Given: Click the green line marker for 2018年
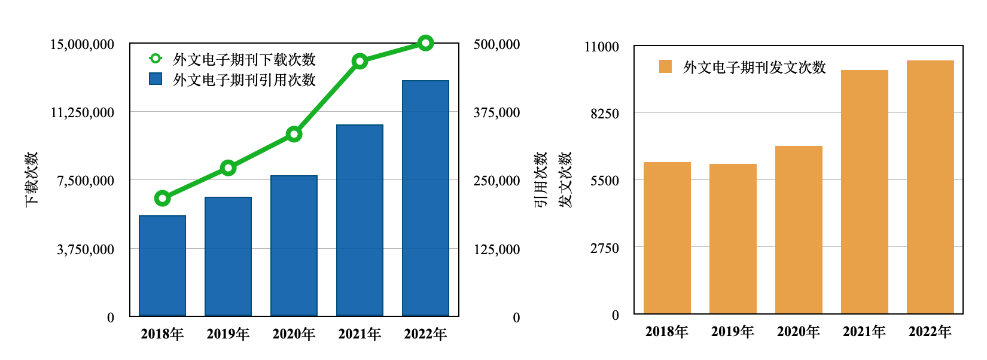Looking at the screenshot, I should [x=162, y=198].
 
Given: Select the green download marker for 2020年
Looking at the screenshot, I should [x=294, y=134].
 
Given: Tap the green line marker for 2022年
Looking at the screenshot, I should [x=425, y=43].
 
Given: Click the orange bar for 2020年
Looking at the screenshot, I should [x=799, y=230].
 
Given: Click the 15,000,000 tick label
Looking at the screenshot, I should [x=82, y=44].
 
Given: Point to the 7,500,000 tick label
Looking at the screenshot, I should [x=86, y=181].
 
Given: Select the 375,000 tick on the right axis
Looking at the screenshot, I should [x=496, y=112].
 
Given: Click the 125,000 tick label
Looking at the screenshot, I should [x=496, y=249].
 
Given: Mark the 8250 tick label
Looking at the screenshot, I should [x=605, y=114].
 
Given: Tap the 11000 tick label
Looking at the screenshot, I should [x=602, y=47].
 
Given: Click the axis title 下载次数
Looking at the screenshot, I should [x=32, y=179].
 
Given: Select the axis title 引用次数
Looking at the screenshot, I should [x=541, y=179].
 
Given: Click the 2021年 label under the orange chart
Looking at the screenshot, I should [x=864, y=331].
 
